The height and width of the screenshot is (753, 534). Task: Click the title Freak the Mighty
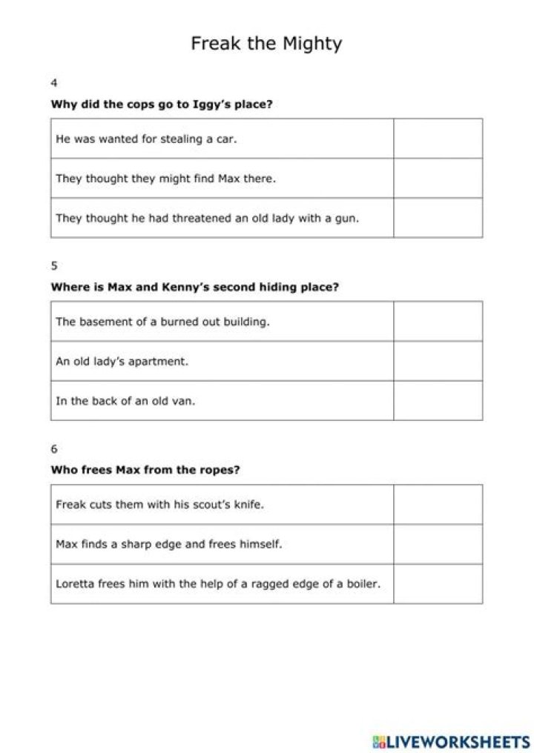266,43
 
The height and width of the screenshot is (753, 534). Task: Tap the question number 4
53,82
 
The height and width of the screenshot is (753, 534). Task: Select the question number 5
53,265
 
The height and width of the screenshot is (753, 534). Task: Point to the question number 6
53,448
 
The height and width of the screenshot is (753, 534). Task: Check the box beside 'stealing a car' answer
438,139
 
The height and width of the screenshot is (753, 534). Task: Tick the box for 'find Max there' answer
438,178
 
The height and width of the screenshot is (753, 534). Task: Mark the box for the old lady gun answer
438,218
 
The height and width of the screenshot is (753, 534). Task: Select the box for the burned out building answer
438,322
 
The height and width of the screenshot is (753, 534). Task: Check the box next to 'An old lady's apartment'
438,362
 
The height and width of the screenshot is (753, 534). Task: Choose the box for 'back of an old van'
438,401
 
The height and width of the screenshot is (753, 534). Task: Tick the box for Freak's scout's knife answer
438,505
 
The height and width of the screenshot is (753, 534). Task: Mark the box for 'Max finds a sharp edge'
438,544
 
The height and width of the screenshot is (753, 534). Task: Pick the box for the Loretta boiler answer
438,584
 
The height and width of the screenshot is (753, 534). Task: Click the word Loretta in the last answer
75,584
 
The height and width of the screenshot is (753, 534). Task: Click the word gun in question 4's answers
348,219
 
